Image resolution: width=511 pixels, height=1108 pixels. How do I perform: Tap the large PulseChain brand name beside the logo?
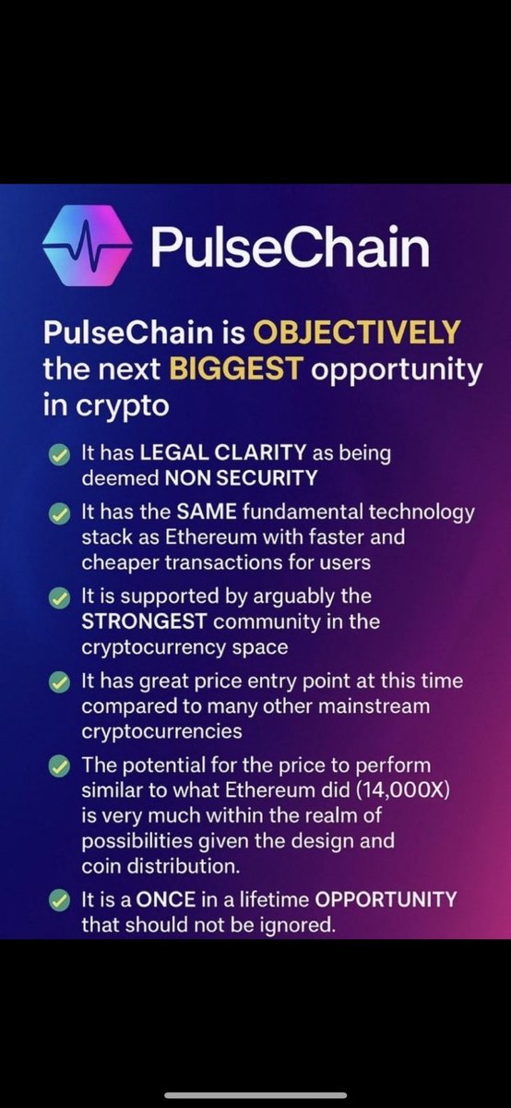pos(290,247)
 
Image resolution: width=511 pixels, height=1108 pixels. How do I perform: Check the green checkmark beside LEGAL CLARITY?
pos(59,454)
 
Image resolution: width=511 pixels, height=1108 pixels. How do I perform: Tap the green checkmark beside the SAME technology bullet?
pos(59,512)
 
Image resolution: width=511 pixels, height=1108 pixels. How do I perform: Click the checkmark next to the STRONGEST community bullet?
pos(59,597)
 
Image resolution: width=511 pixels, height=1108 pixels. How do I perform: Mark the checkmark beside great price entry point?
pos(59,682)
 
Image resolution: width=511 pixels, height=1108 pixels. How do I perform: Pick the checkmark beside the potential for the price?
pos(59,767)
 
